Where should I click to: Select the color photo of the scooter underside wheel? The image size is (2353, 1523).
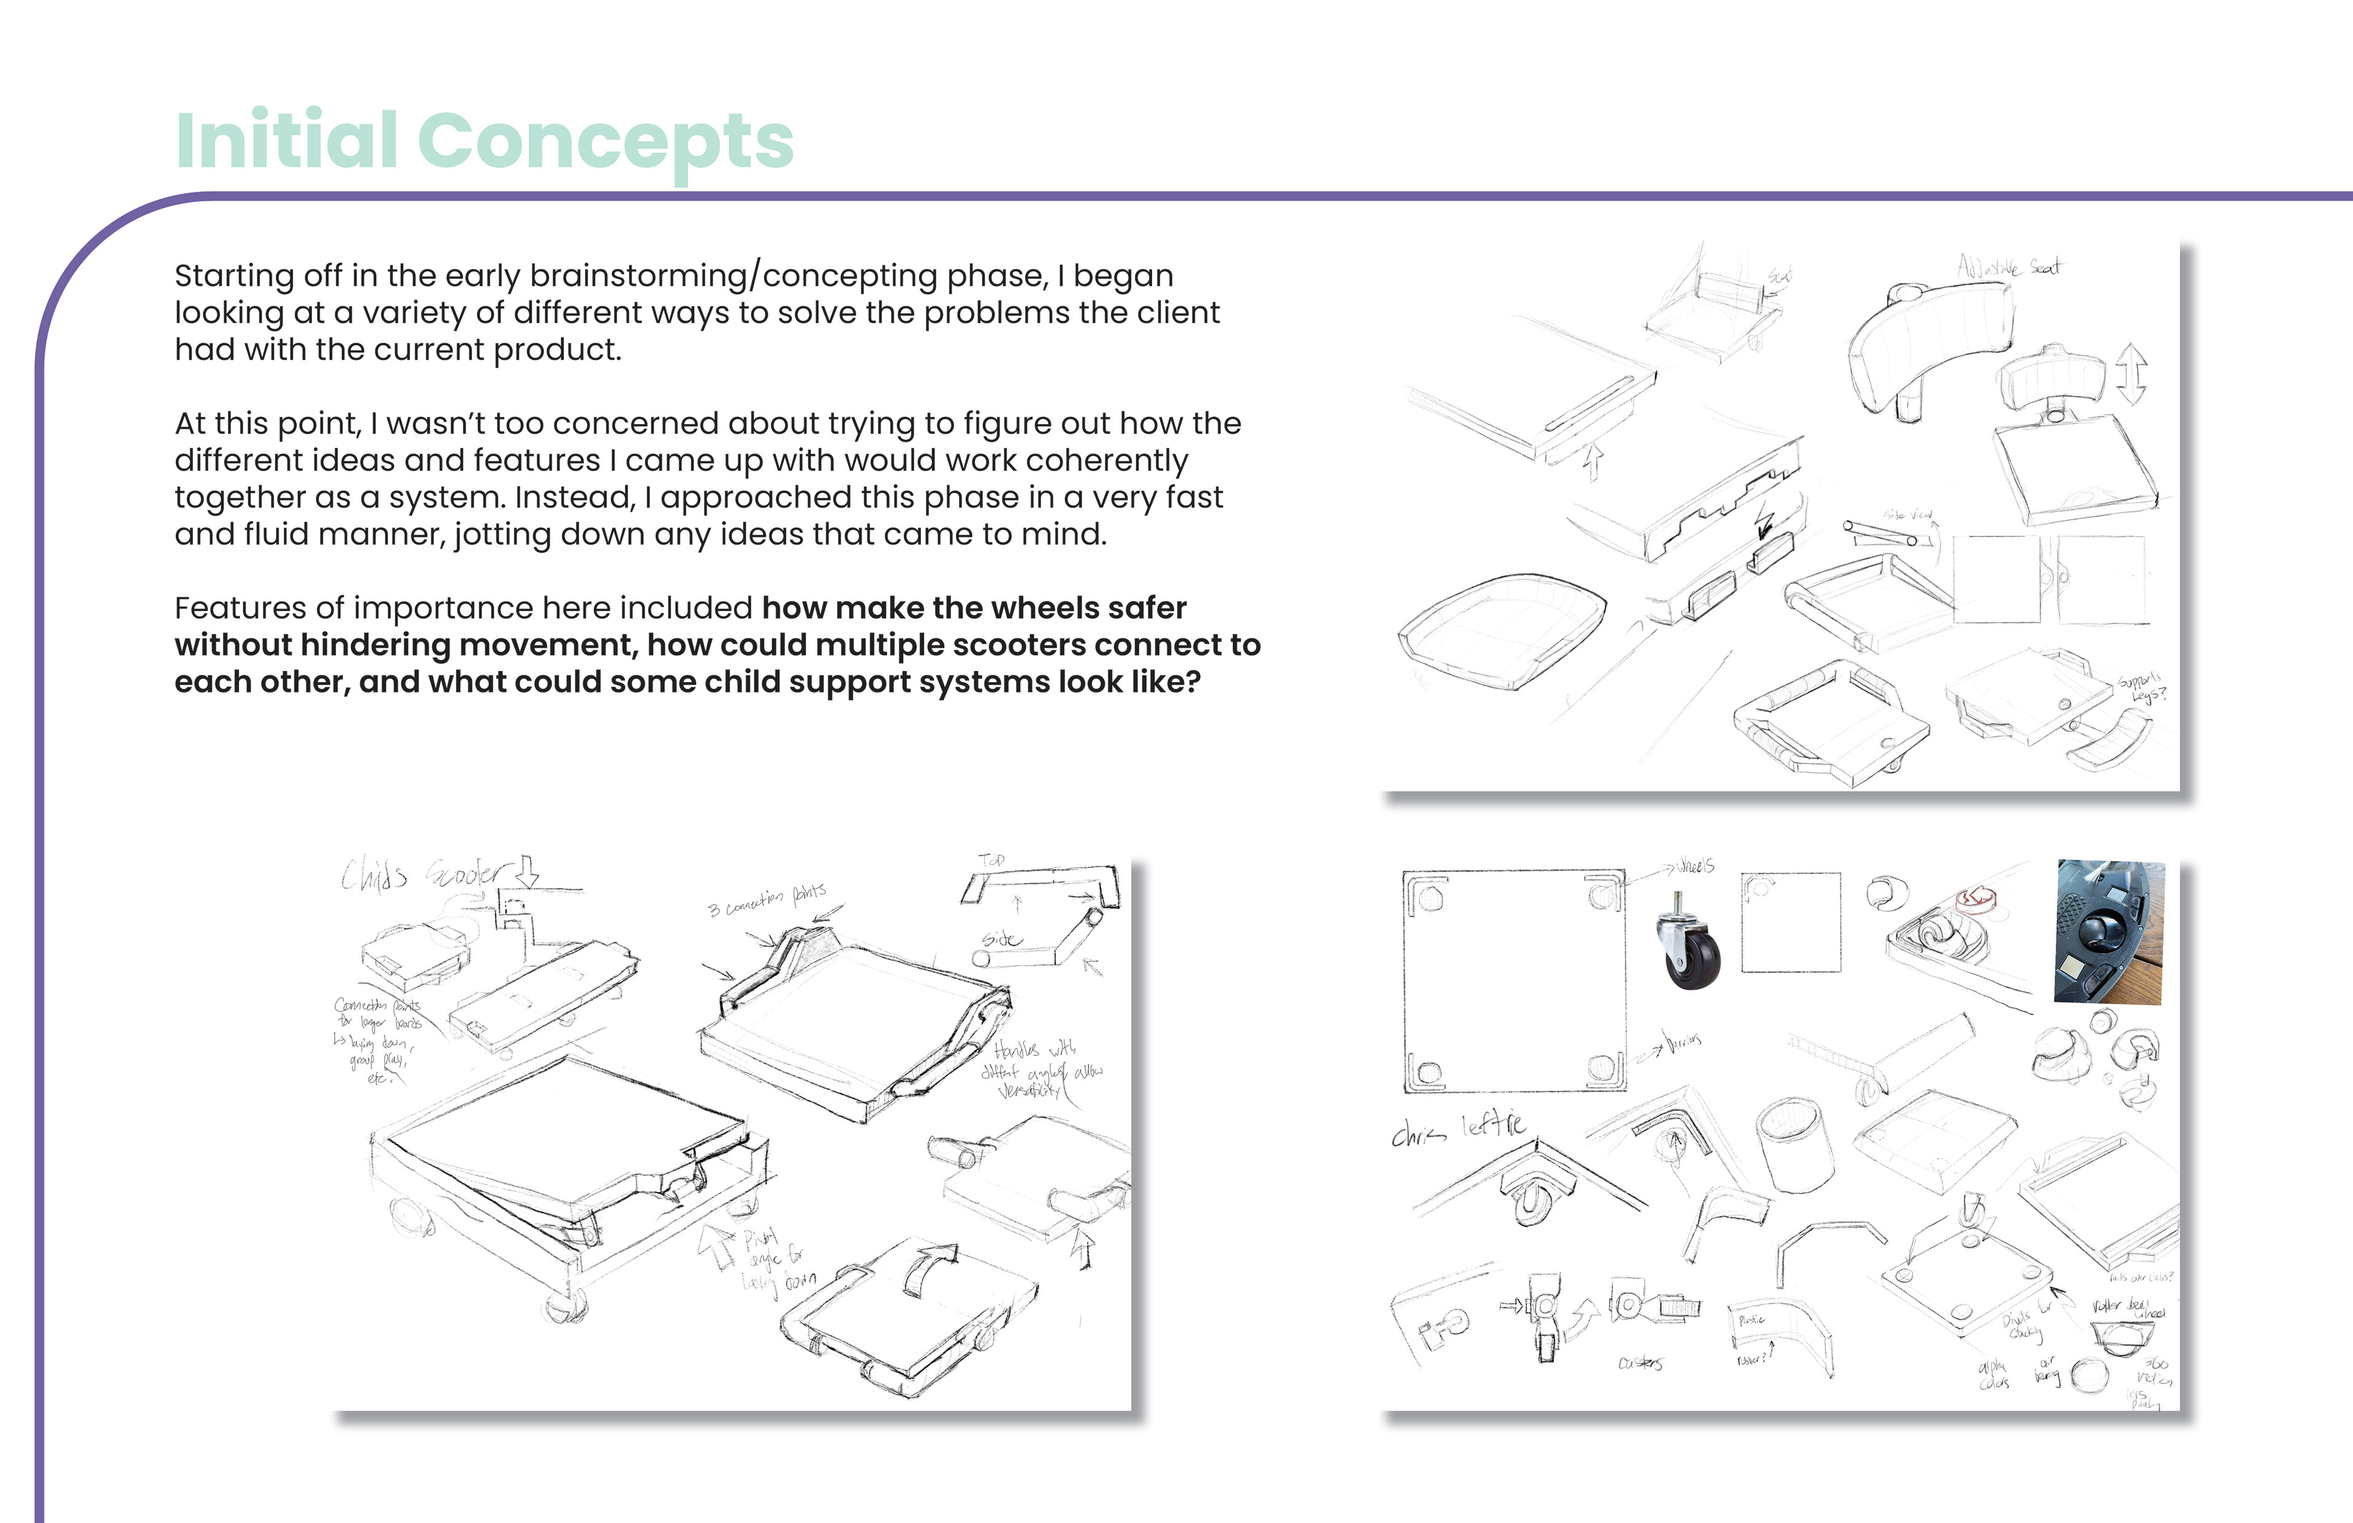click(2109, 932)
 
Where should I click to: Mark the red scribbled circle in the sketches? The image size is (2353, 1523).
click(1976, 898)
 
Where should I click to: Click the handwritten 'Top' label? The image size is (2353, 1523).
click(991, 860)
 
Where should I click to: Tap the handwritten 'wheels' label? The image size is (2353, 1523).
click(1696, 867)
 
